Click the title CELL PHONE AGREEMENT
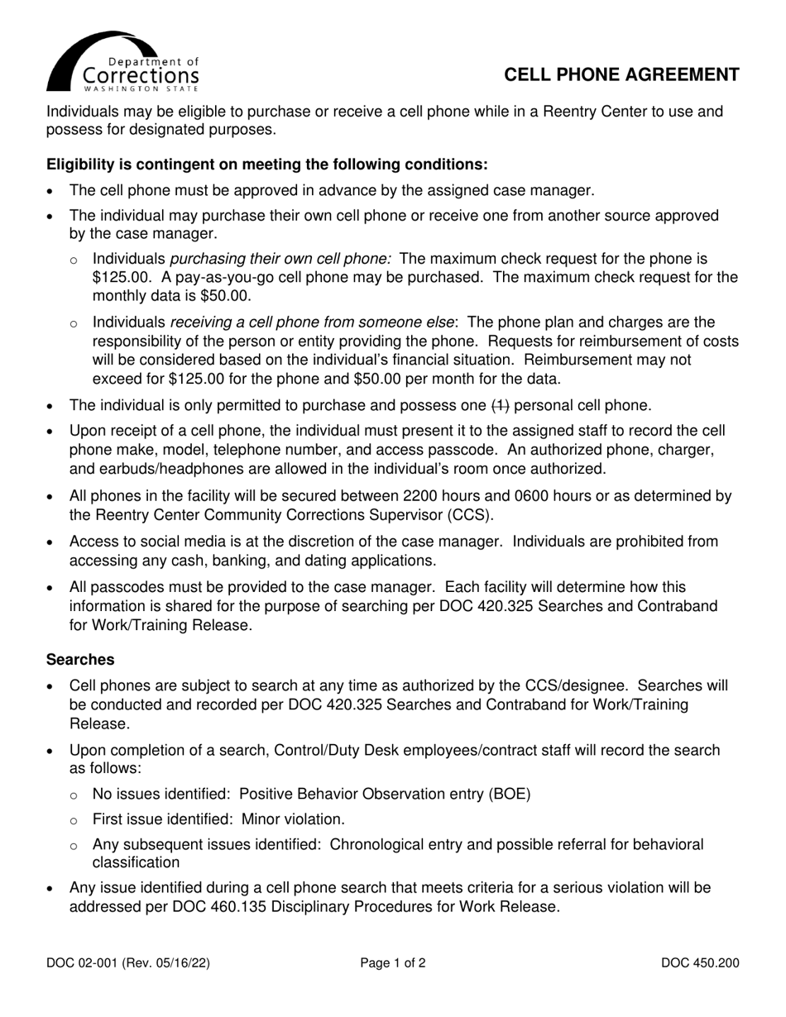pyautogui.click(x=621, y=75)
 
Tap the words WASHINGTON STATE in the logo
pyautogui.click(x=141, y=87)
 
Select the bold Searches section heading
pyautogui.click(x=80, y=660)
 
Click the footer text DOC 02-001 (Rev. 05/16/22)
pyautogui.click(x=133, y=962)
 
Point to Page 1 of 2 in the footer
pyautogui.click(x=393, y=962)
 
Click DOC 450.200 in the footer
pyautogui.click(x=700, y=962)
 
